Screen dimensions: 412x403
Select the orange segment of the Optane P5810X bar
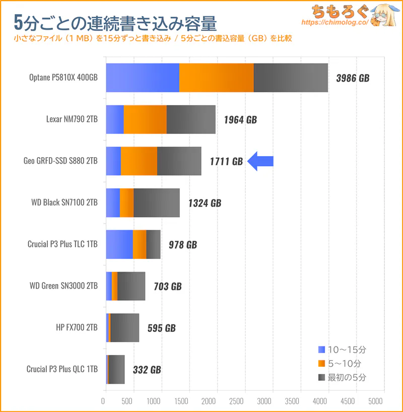pyautogui.click(x=216, y=78)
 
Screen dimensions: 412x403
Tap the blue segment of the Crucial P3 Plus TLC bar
pyautogui.click(x=119, y=244)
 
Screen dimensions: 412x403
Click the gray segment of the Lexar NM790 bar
pyautogui.click(x=191, y=119)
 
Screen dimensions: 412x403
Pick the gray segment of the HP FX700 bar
pyautogui.click(x=124, y=327)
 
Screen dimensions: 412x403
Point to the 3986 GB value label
pyautogui.click(x=352, y=79)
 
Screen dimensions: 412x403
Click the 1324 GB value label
pyautogui.click(x=205, y=203)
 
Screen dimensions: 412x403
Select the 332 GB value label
pyautogui.click(x=147, y=370)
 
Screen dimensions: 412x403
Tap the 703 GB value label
pyautogui.click(x=168, y=287)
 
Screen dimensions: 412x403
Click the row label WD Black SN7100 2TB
pyautogui.click(x=64, y=202)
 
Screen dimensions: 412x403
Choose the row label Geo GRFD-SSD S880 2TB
pyautogui.click(x=60, y=161)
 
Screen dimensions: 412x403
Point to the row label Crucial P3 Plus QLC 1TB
pyautogui.click(x=62, y=369)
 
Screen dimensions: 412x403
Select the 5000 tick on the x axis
pyautogui.click(x=375, y=402)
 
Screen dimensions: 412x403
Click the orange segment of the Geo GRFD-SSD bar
pyautogui.click(x=139, y=161)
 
